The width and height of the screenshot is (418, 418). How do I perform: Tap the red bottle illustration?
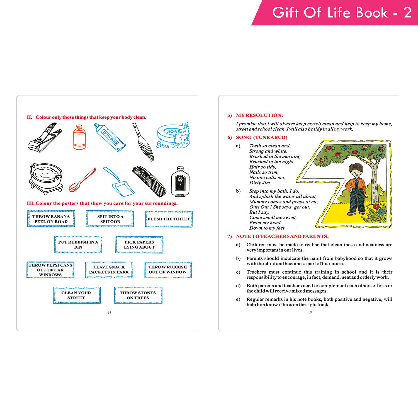79,137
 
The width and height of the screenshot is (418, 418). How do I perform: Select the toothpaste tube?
110,137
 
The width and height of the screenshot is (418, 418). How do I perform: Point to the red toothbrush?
82,180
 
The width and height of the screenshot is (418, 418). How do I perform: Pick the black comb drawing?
149,181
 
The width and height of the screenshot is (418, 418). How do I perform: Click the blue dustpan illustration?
119,182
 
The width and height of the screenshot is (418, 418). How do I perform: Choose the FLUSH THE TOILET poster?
169,219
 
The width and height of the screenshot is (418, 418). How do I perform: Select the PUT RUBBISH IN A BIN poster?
78,244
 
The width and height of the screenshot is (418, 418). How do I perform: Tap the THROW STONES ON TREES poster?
138,295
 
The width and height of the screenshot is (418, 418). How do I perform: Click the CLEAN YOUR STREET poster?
77,295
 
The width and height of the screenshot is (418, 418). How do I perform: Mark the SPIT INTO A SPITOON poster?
110,219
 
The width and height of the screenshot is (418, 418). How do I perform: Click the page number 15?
110,313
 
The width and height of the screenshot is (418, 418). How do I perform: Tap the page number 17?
310,313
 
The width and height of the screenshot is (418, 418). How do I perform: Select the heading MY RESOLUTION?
259,115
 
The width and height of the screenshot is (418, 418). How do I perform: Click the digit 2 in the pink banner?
407,13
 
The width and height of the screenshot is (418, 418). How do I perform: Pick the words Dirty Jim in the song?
260,183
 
